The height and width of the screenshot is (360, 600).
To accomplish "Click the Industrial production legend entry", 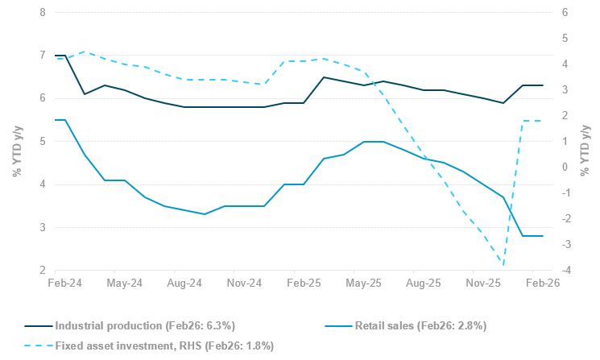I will (144, 325).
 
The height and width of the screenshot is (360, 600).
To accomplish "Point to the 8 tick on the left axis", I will (42, 13).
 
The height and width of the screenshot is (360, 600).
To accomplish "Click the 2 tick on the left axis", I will (42, 271).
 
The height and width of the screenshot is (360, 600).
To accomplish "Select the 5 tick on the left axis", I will (42, 142).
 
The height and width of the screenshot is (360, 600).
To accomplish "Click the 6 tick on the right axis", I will (565, 13).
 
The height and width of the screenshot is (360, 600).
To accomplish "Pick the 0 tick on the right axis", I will (565, 168).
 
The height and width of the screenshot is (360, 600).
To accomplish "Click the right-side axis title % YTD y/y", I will (586, 142).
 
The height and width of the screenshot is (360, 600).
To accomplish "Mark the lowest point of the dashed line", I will (503, 265).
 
